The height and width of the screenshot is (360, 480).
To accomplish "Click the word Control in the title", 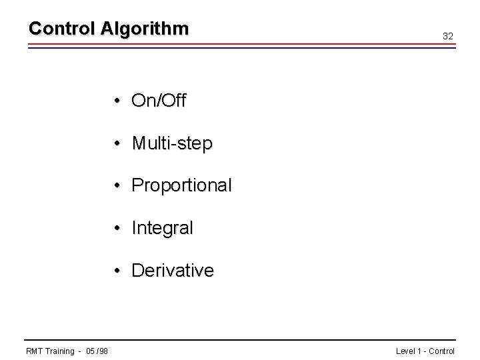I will tap(63, 29).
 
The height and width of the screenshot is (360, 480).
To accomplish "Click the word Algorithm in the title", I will tap(145, 29).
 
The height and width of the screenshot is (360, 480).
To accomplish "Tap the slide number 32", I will tap(448, 36).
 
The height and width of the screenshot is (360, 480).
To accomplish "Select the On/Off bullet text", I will tap(159, 101).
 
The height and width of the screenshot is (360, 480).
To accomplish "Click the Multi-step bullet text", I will tap(172, 143).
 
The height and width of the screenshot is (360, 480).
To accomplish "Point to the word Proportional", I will tap(181, 185).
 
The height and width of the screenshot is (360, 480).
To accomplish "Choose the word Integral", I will tap(162, 228).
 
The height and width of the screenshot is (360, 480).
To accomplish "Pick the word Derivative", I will tap(173, 271).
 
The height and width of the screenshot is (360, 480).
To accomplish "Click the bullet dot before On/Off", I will tap(116, 101).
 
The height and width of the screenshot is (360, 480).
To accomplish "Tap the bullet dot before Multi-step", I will tap(116, 143).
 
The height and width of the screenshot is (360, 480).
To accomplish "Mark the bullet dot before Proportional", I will tap(116, 185).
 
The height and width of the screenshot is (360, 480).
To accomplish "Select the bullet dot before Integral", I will tap(116, 228).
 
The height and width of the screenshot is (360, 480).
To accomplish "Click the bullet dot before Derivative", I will tap(116, 271).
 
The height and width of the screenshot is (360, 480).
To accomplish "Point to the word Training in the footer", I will tap(60, 351).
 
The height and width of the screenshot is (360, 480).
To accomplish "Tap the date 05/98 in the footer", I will tap(97, 351).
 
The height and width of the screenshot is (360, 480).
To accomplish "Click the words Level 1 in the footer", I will tap(408, 351).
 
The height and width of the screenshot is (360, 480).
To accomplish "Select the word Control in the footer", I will tap(441, 351).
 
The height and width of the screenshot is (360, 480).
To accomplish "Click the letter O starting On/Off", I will tap(139, 101).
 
